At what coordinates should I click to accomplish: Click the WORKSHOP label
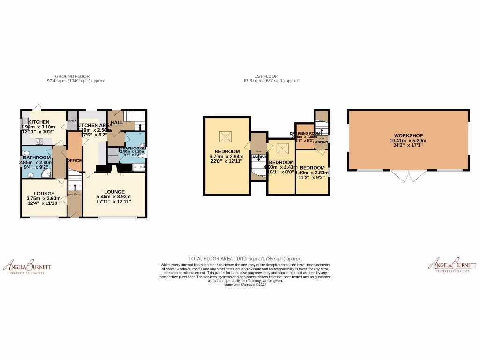[408, 135]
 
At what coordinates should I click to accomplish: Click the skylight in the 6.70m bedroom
[226, 136]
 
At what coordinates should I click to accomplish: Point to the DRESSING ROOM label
[308, 134]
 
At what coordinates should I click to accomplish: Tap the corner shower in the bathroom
[46, 174]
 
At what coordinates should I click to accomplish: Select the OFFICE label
[74, 161]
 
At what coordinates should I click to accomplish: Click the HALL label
[117, 122]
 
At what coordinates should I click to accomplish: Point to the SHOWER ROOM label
[133, 148]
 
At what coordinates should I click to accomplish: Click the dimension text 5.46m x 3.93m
[113, 196]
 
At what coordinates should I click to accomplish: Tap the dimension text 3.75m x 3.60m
[44, 198]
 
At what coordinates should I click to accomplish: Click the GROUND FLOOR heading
[72, 76]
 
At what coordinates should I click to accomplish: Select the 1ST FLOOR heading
[266, 76]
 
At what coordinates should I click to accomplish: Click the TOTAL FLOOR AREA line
[245, 258]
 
